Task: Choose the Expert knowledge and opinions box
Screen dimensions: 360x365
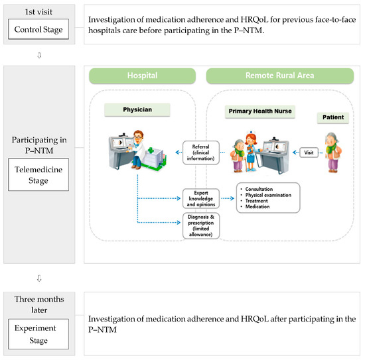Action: tap(202, 198)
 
